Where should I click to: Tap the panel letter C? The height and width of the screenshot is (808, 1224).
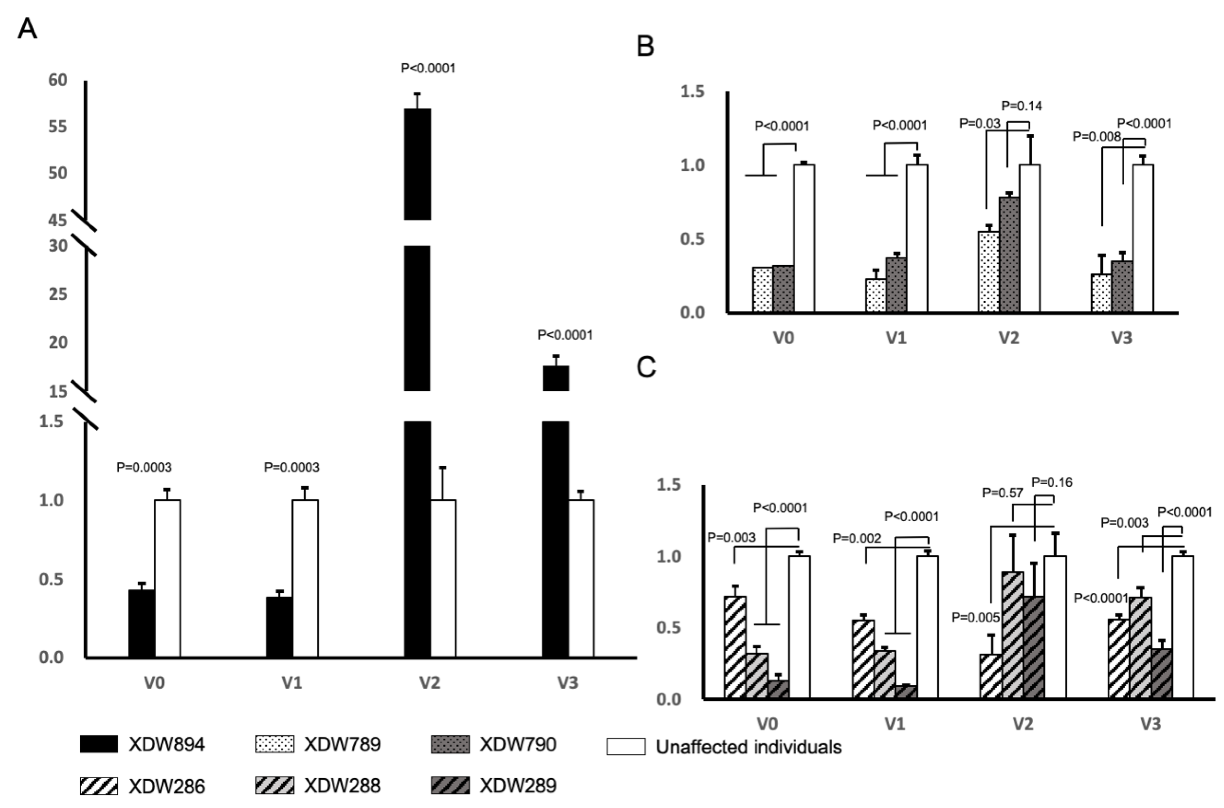point(646,367)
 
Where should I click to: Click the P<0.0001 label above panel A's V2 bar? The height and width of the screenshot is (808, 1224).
point(428,69)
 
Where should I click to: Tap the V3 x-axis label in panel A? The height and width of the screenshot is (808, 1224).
point(568,683)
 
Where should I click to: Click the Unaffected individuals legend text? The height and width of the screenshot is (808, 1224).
point(748,747)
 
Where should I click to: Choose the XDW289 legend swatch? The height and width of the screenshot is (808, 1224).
point(449,786)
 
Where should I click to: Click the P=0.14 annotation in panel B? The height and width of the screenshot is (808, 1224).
point(1021,106)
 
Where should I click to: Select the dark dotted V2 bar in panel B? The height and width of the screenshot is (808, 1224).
point(1009,255)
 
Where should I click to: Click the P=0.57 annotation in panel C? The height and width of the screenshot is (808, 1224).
point(1002,493)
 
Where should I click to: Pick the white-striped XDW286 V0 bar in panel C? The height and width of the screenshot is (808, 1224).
point(735,647)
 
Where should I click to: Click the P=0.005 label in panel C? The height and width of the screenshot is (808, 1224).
point(975,617)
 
